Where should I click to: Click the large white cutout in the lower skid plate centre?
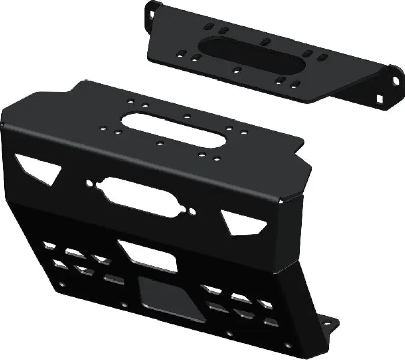click(147, 256)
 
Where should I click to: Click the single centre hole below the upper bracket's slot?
click(235, 70)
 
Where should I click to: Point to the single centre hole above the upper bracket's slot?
click(265, 40)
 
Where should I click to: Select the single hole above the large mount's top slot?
click(187, 117)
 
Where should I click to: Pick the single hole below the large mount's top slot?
click(159, 144)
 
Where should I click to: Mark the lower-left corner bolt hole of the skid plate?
click(62, 285)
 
